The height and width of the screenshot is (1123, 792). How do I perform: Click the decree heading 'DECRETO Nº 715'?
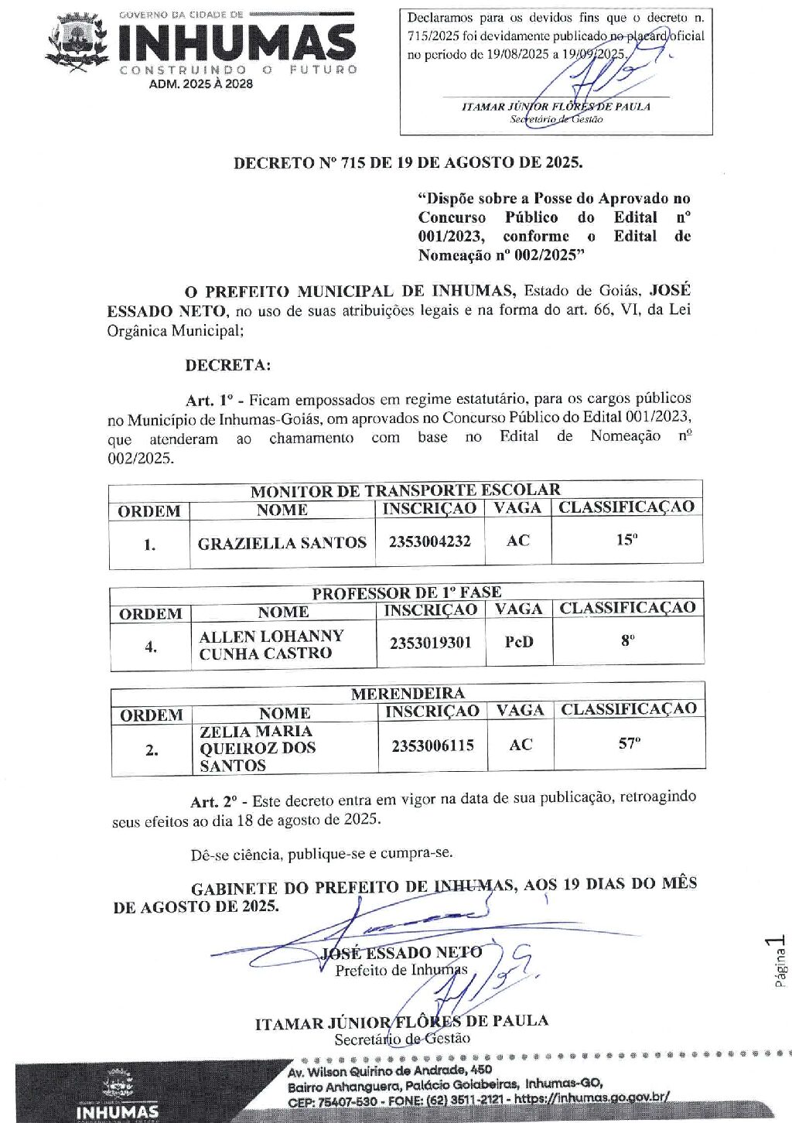pyautogui.click(x=408, y=162)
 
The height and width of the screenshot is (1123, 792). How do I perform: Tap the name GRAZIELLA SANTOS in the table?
pyautogui.click(x=282, y=543)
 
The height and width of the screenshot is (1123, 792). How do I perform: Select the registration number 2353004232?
pyautogui.click(x=429, y=541)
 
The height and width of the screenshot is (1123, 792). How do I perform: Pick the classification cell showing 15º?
pyautogui.click(x=626, y=540)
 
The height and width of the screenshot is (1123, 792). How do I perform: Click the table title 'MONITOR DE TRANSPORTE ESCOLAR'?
pyautogui.click(x=405, y=490)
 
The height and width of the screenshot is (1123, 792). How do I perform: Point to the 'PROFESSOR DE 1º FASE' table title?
pyautogui.click(x=406, y=592)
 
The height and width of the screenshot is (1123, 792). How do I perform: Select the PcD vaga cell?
pyautogui.click(x=518, y=642)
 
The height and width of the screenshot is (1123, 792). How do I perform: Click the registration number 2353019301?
pyautogui.click(x=430, y=643)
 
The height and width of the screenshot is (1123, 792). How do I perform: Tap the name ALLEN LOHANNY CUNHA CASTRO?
pyautogui.click(x=271, y=644)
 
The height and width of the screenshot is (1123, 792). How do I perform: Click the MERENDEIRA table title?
pyautogui.click(x=408, y=693)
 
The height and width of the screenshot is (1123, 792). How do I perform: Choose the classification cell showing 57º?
pyautogui.click(x=629, y=744)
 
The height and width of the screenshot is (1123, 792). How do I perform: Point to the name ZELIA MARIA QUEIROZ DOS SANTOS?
pyautogui.click(x=257, y=748)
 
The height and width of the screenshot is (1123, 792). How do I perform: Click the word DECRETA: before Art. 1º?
pyautogui.click(x=228, y=365)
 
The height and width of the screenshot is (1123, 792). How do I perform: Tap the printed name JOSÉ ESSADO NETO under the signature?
pyautogui.click(x=401, y=952)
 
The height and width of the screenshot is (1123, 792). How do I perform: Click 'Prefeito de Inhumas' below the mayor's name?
pyautogui.click(x=401, y=970)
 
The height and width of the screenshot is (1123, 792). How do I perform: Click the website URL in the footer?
pyautogui.click(x=592, y=1097)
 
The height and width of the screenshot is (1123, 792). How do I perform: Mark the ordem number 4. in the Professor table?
pyautogui.click(x=151, y=647)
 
